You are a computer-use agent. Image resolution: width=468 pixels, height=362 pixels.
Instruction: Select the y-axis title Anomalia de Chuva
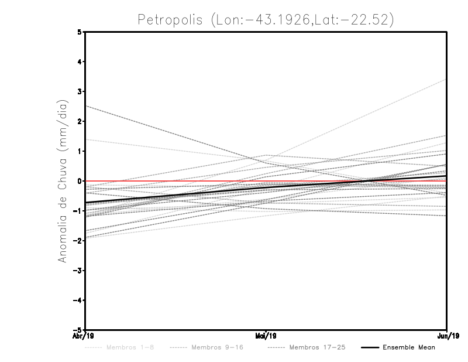point(61,180)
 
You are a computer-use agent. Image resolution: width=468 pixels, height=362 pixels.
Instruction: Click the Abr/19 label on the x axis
point(85,336)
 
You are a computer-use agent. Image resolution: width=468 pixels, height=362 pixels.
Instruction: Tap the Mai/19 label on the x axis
point(266,336)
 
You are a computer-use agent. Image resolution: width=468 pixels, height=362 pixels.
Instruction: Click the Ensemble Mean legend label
point(408,347)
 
